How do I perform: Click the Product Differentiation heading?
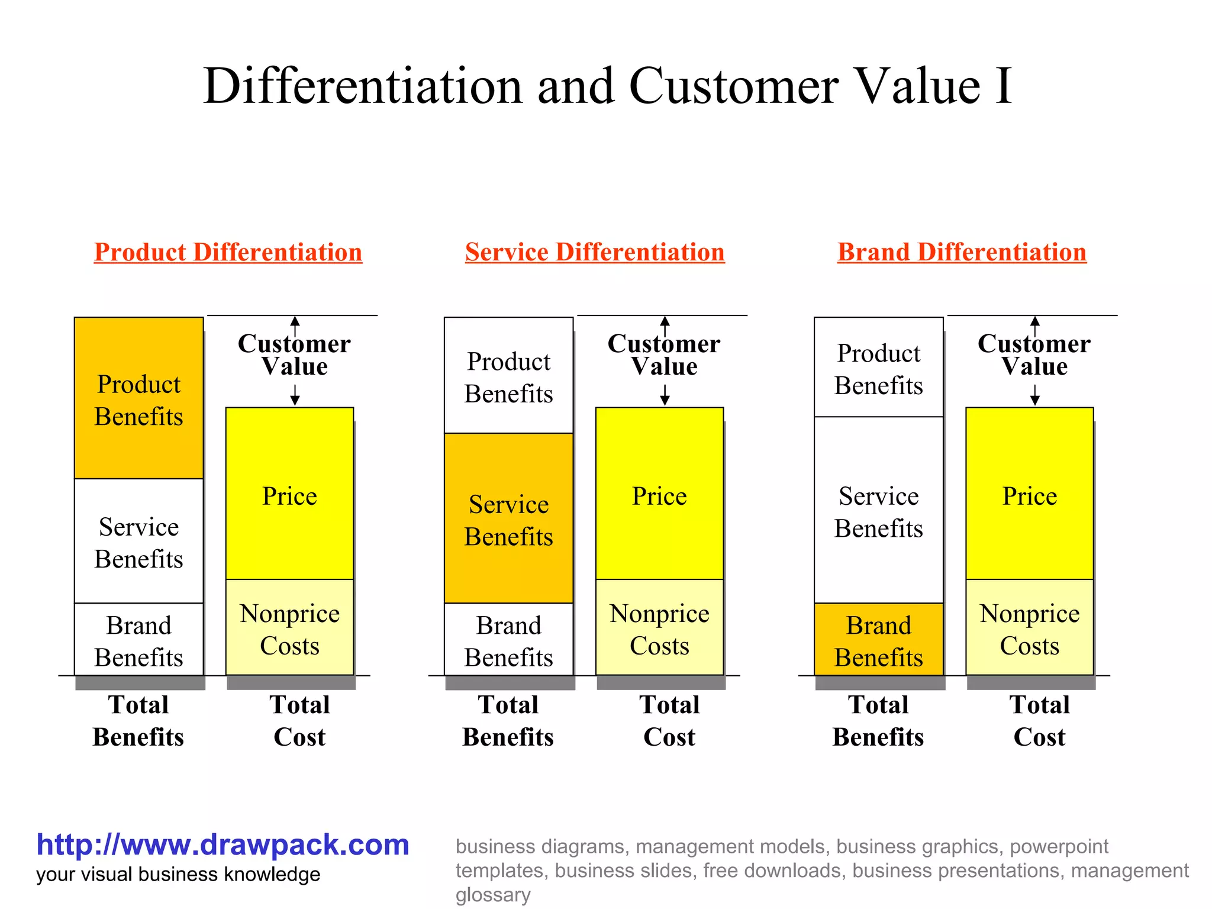[228, 252]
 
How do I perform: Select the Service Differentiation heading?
[595, 252]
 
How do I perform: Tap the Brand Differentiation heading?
[962, 252]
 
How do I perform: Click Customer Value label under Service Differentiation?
[664, 355]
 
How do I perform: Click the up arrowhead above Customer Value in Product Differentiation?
[295, 321]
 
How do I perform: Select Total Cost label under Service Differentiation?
[669, 721]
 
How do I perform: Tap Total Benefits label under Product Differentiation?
[138, 721]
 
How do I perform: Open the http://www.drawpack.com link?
[223, 845]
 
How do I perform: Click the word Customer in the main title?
[733, 86]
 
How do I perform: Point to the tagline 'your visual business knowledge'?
[178, 875]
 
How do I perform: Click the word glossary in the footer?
[492, 895]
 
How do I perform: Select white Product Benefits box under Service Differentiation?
[508, 376]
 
